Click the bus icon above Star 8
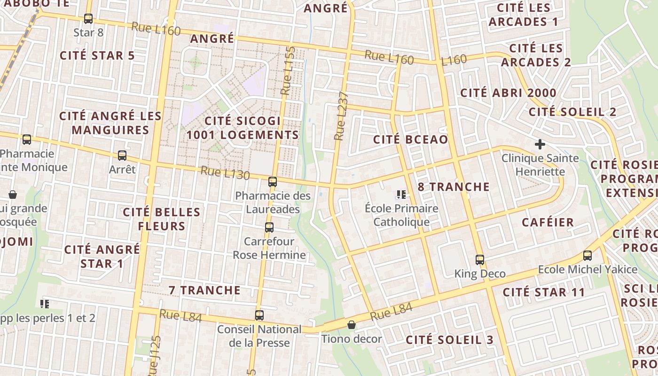(x=88, y=19)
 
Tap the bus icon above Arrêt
(x=122, y=155)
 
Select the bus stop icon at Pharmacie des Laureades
(x=273, y=182)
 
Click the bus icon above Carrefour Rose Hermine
(x=269, y=227)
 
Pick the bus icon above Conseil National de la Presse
(x=259, y=315)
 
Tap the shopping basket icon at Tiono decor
(x=351, y=325)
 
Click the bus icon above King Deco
(x=480, y=259)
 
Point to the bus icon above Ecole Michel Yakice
(x=587, y=256)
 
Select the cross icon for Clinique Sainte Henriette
(x=540, y=144)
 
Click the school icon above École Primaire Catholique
(x=401, y=194)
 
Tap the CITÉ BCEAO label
(x=410, y=140)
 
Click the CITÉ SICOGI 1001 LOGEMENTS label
(x=243, y=128)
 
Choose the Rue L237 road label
(x=342, y=116)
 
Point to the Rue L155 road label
(x=288, y=70)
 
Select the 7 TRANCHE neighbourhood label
(x=205, y=290)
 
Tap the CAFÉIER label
(x=548, y=222)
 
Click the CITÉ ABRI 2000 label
(x=508, y=93)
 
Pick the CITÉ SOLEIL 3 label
(x=449, y=340)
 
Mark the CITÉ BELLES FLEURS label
(x=162, y=219)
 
